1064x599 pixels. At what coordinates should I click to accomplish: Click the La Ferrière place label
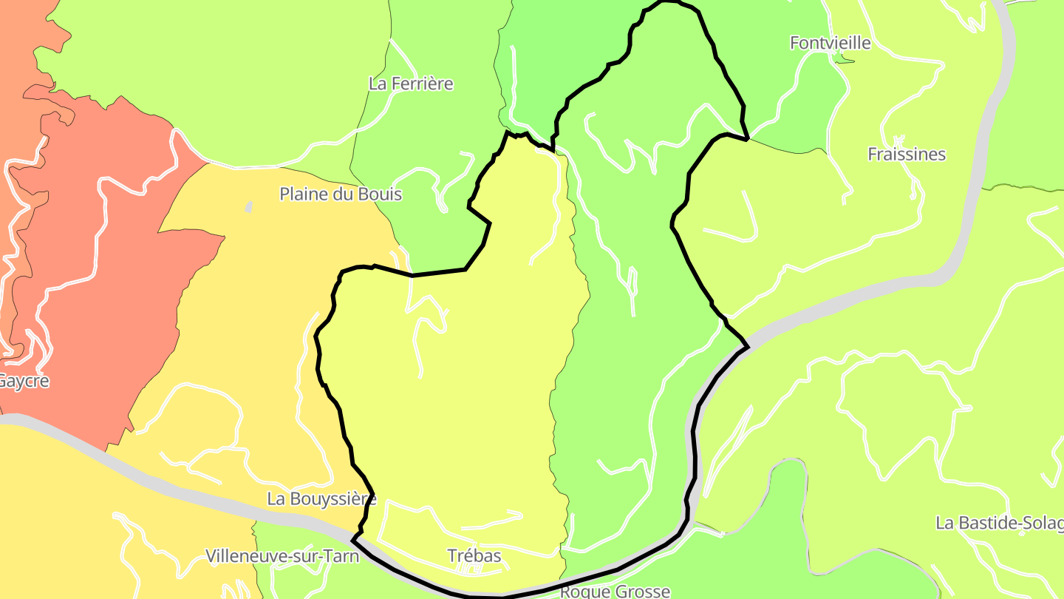click(411, 84)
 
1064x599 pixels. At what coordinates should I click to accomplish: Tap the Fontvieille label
click(831, 43)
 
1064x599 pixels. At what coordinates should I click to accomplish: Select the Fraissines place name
click(907, 154)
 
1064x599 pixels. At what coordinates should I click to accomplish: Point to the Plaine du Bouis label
click(341, 194)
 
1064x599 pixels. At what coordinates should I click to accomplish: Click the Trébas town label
click(474, 555)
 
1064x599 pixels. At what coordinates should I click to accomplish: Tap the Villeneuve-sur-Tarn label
click(282, 555)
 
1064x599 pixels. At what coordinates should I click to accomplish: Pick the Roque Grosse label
click(615, 591)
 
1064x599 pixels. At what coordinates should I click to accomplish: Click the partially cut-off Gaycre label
click(24, 382)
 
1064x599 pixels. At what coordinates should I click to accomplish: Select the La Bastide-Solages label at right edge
click(999, 523)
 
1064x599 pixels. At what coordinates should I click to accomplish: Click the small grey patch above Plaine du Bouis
click(248, 207)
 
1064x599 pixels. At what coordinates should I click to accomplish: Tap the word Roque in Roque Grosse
click(582, 591)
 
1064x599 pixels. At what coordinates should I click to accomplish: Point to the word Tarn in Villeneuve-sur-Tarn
click(342, 555)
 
